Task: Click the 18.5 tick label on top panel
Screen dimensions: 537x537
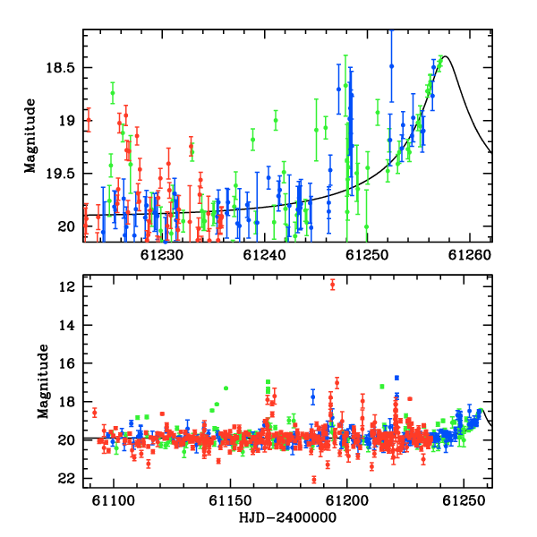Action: tap(60, 67)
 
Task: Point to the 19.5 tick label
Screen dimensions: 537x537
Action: tap(60, 174)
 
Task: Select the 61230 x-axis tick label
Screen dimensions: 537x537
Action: tap(162, 255)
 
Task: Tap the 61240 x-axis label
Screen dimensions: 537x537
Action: tap(264, 255)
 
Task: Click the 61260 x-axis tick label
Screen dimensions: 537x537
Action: tap(470, 255)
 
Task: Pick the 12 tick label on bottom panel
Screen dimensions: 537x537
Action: tap(66, 286)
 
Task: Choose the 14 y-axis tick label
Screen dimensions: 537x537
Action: tap(66, 325)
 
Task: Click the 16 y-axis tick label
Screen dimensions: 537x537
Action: tap(66, 363)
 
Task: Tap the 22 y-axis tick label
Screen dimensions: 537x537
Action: tap(66, 479)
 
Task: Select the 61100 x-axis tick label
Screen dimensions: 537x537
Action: tap(114, 501)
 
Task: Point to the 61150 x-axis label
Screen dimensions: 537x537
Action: tap(231, 501)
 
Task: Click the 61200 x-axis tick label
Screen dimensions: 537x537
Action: tap(347, 501)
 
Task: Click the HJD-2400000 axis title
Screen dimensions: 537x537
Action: tap(287, 517)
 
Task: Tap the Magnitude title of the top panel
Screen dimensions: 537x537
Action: tap(30, 136)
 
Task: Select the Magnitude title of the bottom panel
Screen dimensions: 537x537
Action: tap(43, 381)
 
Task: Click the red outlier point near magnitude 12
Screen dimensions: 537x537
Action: tap(332, 285)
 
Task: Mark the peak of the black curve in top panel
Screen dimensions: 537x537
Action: tap(445, 56)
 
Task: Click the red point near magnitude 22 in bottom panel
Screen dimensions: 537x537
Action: tap(314, 480)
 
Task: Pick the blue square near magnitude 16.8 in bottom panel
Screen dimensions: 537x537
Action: tap(396, 378)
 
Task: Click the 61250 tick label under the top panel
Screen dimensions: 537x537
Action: tap(367, 255)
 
